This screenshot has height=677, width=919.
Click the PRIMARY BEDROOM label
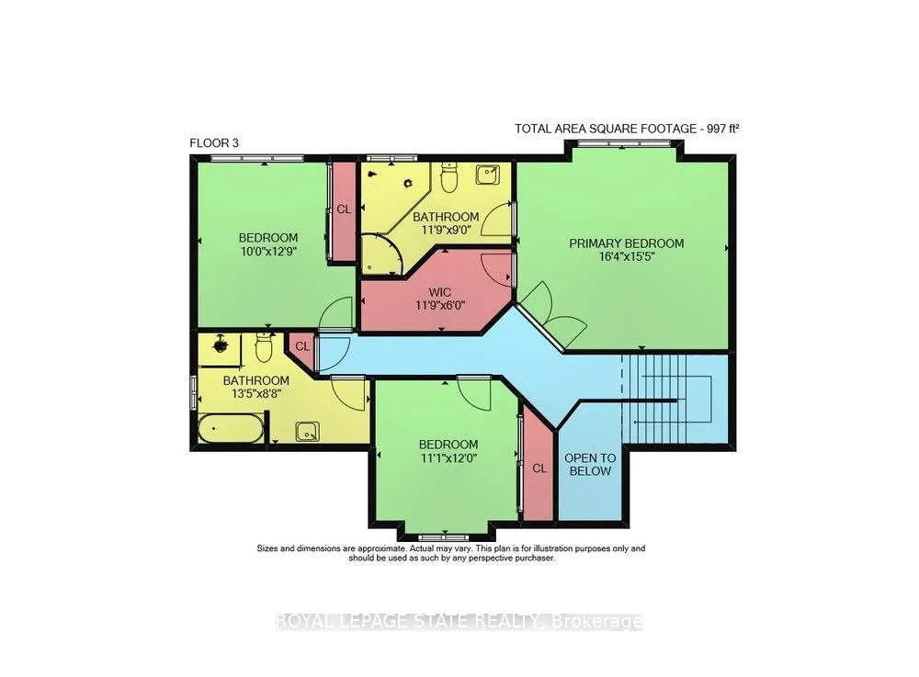(626, 243)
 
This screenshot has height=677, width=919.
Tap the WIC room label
(439, 292)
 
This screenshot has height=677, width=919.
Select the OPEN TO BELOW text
(590, 465)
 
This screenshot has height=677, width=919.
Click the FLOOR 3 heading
(214, 143)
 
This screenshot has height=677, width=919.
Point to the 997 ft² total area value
(722, 129)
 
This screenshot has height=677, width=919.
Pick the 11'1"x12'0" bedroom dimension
(448, 458)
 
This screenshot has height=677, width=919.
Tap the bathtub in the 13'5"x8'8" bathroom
(231, 429)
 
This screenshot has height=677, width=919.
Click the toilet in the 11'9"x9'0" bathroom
(448, 178)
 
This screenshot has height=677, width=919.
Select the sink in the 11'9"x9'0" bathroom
(488, 174)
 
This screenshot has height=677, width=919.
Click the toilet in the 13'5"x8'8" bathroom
(264, 348)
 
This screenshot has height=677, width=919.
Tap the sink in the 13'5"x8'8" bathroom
(307, 432)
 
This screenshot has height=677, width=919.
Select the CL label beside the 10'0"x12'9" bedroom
(344, 209)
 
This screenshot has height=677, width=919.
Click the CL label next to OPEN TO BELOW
(539, 468)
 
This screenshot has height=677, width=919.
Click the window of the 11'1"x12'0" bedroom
(444, 537)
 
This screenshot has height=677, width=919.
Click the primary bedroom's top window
(622, 143)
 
